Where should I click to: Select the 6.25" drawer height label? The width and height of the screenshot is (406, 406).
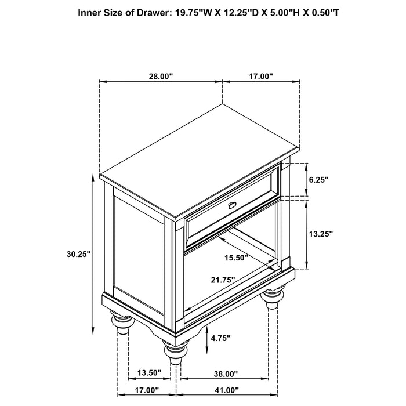pyautogui.click(x=318, y=180)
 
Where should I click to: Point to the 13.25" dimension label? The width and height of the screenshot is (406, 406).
pyautogui.click(x=320, y=234)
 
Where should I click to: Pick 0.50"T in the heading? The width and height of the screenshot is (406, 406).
pyautogui.click(x=322, y=12)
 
